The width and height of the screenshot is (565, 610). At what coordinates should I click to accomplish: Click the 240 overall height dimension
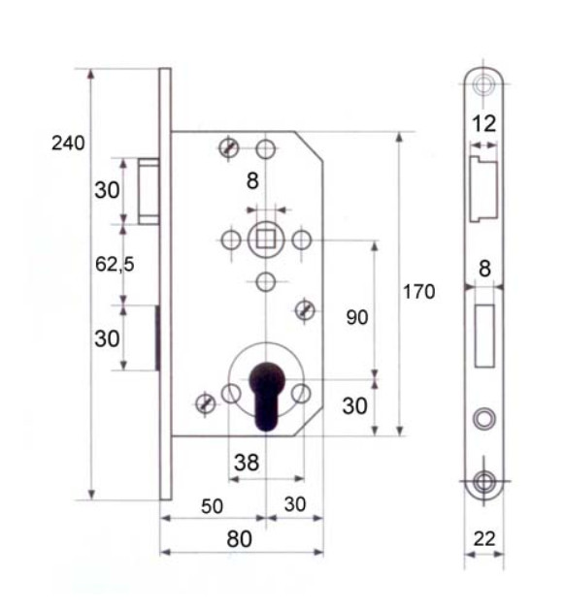tap(68, 144)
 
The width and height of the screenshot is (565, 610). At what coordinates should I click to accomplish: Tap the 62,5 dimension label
tap(115, 265)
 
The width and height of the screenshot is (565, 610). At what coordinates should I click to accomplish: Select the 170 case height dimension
tap(418, 292)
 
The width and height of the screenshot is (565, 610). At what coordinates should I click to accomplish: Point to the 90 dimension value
tap(357, 317)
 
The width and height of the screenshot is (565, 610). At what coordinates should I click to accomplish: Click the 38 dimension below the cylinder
tap(247, 463)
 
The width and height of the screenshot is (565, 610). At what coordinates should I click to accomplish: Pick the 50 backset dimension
tap(213, 506)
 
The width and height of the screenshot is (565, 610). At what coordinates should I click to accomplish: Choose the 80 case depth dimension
tap(239, 539)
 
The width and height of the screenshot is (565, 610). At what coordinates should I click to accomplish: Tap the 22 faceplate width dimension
tap(484, 539)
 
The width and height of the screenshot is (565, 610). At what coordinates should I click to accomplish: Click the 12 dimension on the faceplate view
tap(484, 124)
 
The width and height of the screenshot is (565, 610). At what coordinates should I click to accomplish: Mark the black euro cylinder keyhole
tap(266, 396)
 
